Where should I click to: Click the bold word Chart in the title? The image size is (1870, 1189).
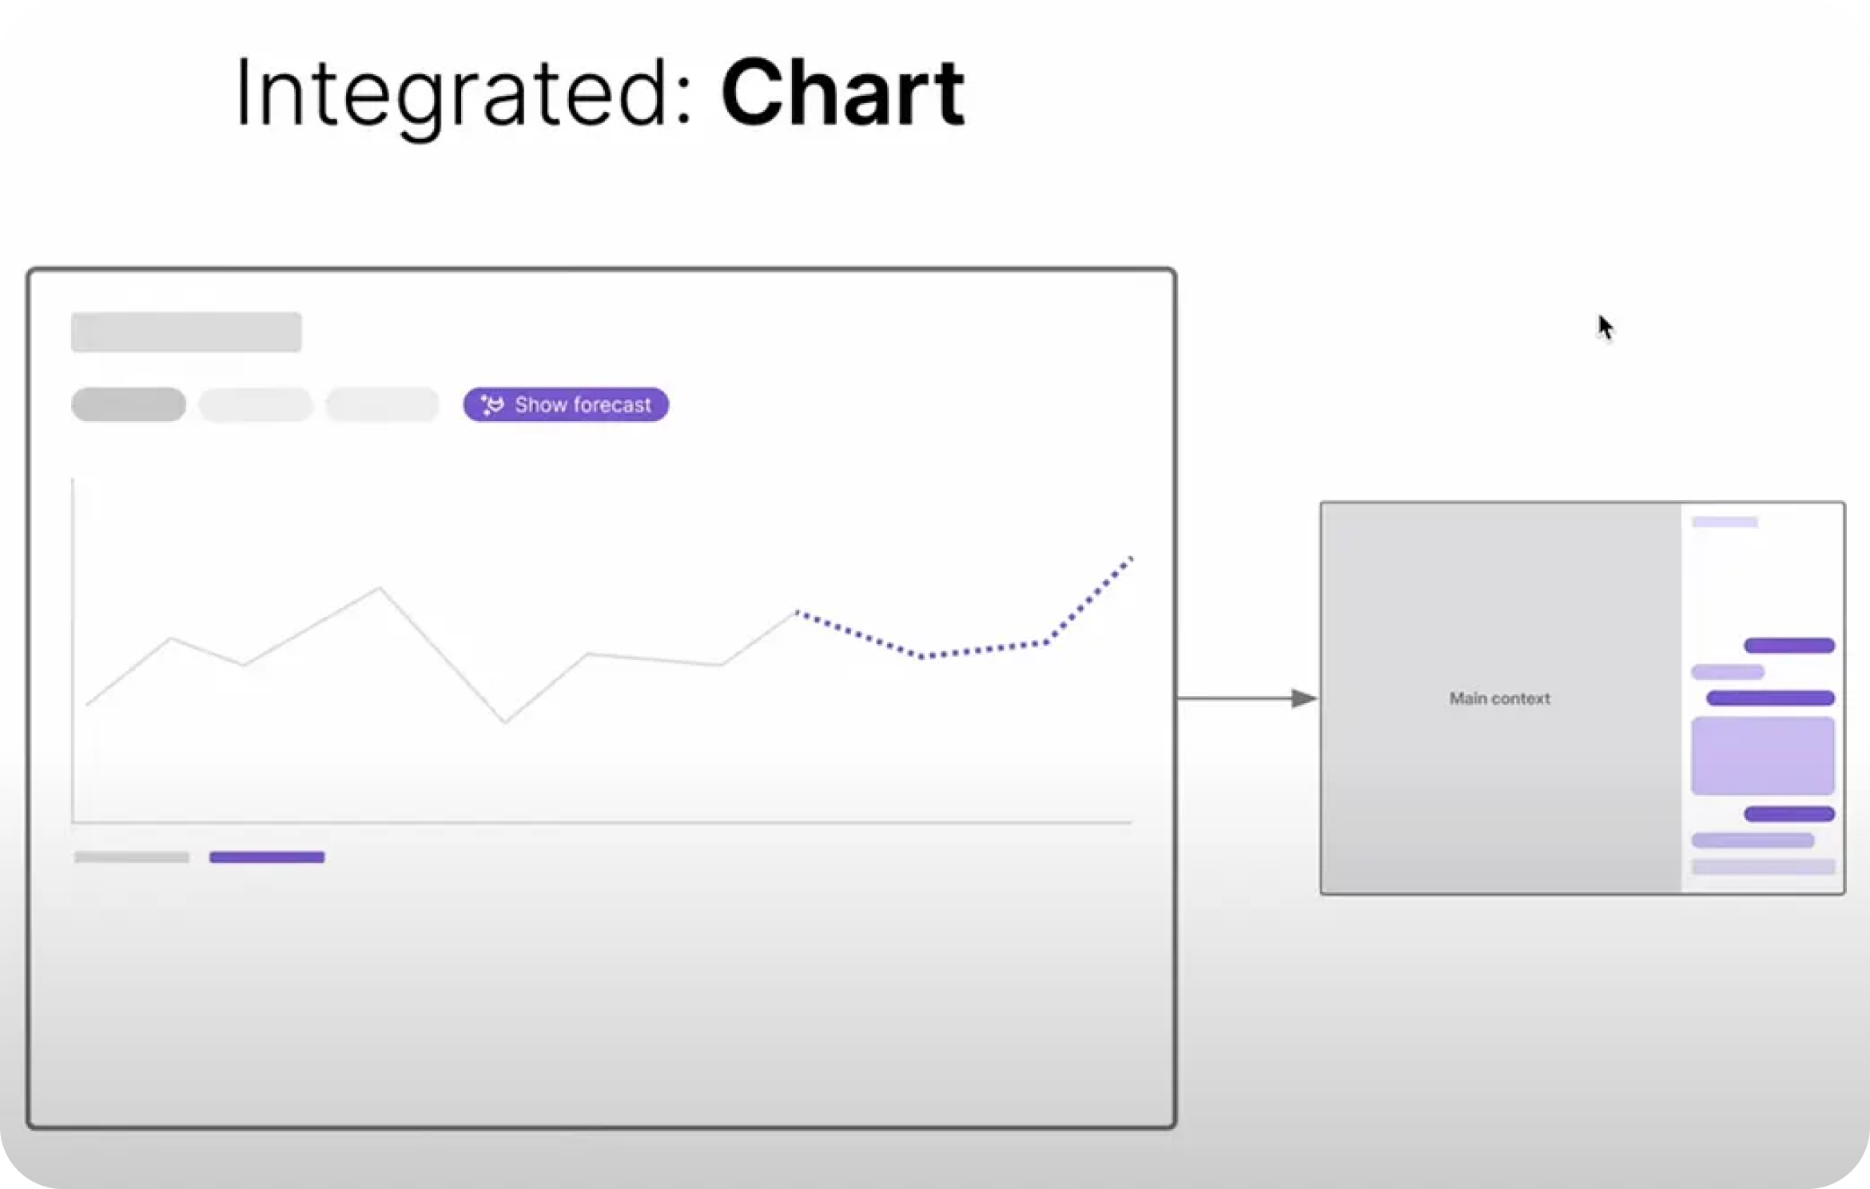click(x=843, y=93)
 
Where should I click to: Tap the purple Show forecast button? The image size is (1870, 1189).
click(x=566, y=404)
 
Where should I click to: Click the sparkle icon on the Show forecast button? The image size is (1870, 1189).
click(x=492, y=404)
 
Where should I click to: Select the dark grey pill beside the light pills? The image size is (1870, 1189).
click(x=129, y=404)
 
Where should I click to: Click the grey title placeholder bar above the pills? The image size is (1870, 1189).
click(x=186, y=332)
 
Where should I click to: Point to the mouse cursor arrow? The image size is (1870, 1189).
click(x=1605, y=327)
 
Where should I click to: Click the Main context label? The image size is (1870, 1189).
click(x=1499, y=698)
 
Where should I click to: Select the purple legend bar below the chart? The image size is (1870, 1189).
click(x=267, y=857)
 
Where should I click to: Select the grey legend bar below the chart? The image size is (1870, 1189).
click(x=132, y=857)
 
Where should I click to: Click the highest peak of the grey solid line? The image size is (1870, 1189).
click(x=380, y=589)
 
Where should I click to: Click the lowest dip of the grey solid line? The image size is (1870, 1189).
click(x=505, y=722)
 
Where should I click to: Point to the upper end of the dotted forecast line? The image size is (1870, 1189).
click(x=1131, y=558)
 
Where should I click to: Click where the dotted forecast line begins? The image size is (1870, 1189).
click(x=797, y=613)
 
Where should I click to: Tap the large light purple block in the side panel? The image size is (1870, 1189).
click(x=1762, y=756)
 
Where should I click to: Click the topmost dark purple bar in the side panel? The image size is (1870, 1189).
click(x=1789, y=646)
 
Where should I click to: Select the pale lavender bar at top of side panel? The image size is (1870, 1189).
click(x=1725, y=522)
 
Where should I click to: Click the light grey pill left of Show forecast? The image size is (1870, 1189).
click(x=382, y=404)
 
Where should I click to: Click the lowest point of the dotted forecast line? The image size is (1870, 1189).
click(x=923, y=656)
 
